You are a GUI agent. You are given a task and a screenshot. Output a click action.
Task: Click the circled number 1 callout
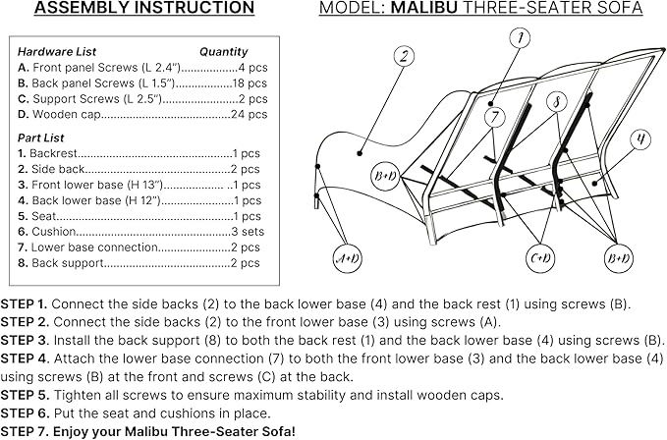tap(520, 38)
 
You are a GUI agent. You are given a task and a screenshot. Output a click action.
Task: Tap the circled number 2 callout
tap(404, 56)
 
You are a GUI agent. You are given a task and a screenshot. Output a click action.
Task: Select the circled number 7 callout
tap(495, 117)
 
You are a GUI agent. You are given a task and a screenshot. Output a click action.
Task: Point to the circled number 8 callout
tap(557, 102)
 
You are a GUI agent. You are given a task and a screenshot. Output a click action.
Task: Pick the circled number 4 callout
tap(639, 139)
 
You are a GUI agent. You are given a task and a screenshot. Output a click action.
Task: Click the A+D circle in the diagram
tap(347, 258)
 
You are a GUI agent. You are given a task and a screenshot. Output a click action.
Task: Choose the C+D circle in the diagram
tap(540, 258)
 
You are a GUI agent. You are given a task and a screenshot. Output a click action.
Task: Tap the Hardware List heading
tap(57, 52)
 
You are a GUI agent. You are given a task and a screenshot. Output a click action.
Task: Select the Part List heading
tap(41, 137)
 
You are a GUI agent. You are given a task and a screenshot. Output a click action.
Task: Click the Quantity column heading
tap(224, 52)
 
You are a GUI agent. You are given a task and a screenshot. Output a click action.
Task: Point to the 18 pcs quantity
tap(250, 82)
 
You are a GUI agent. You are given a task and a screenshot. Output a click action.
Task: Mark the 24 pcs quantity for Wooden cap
tap(250, 114)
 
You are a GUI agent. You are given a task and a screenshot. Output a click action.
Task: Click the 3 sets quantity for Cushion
tap(248, 231)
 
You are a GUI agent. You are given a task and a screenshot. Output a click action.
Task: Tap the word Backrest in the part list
tap(53, 153)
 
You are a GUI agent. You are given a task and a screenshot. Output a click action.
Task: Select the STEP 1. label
tap(24, 303)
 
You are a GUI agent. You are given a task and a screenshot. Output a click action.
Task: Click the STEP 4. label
tap(26, 358)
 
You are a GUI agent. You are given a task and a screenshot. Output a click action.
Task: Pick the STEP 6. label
tap(26, 413)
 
